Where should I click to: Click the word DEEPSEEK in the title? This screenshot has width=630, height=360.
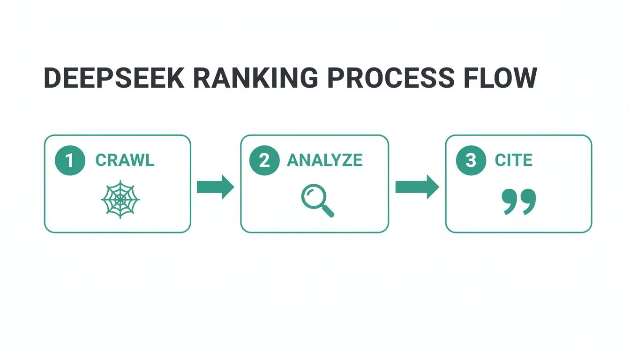coord(114,78)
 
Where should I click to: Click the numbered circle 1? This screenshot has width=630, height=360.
coord(70,160)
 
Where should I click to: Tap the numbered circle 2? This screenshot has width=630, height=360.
coord(265,160)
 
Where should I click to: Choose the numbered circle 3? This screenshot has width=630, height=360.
coord(471,160)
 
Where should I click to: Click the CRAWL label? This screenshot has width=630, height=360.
coord(125,160)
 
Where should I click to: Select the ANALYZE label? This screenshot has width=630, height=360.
coord(324,160)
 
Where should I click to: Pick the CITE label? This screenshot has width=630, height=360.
coord(513,160)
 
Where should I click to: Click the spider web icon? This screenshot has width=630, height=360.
coord(120,199)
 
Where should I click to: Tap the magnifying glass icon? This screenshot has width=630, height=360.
coord(317,201)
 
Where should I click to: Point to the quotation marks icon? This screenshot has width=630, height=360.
coord(518,202)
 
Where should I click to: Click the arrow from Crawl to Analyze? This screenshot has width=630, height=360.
coord(215,187)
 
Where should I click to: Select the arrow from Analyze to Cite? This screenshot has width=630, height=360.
coord(417,187)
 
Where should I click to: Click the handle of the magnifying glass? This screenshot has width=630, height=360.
coord(328,211)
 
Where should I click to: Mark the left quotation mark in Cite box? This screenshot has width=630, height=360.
coord(510,202)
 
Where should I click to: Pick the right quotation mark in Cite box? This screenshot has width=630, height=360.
coord(528,202)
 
